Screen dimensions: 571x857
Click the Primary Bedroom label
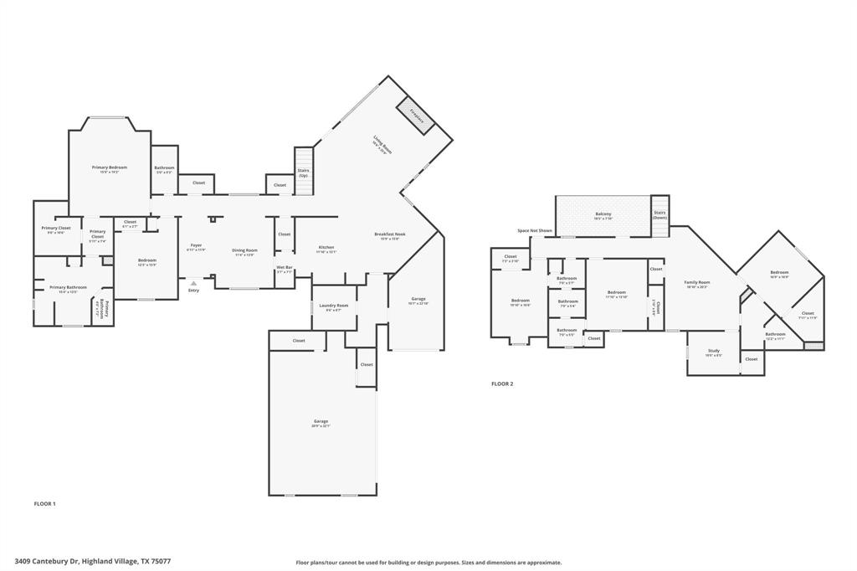[110, 167]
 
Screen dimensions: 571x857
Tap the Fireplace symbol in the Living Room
[416, 114]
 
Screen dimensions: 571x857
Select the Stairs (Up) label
[303, 173]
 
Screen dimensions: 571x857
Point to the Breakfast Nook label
[390, 235]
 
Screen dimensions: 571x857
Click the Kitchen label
[326, 248]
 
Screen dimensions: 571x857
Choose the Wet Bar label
[285, 269]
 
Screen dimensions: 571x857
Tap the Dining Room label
[244, 251]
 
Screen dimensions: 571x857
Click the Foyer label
[195, 246]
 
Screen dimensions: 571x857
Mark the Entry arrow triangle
[193, 283]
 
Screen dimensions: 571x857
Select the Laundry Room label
[332, 306]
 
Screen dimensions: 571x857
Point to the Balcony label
[603, 215]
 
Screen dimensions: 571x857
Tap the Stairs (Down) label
[659, 214]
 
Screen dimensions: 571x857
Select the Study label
[713, 352]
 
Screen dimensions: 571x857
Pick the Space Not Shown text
[534, 230]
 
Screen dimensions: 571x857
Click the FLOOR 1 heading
[44, 504]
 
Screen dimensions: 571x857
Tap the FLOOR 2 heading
[502, 383]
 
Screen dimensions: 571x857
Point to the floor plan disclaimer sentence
[428, 563]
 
